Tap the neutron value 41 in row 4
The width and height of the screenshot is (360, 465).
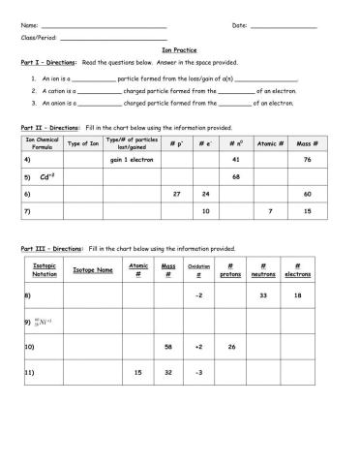point(236,159)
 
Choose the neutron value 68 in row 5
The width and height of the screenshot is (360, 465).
point(236,177)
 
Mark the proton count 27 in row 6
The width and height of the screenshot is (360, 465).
point(176,194)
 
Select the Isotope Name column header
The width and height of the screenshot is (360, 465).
point(93,271)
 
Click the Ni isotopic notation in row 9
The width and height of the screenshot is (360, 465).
point(43,320)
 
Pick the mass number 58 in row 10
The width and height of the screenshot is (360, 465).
point(168,346)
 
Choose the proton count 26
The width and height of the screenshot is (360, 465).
point(230,346)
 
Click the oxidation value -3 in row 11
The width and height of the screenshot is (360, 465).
point(198,372)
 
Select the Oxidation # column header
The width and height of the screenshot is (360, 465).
point(198,272)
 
